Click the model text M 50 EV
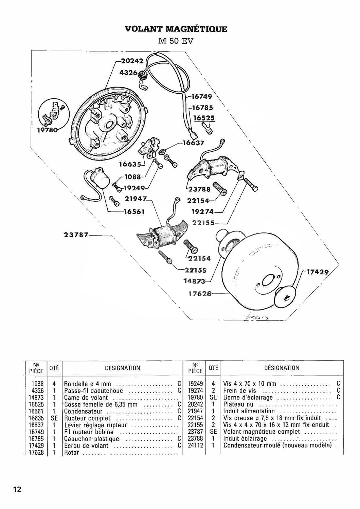coord(176,41)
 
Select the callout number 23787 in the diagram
coord(76,234)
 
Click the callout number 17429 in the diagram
coord(318,272)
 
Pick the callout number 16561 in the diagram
coord(134,211)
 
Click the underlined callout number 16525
coord(204,118)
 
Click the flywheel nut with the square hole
coord(286,297)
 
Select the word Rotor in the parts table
coord(71,453)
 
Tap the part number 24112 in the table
coord(195,446)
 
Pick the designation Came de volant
coord(86,398)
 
